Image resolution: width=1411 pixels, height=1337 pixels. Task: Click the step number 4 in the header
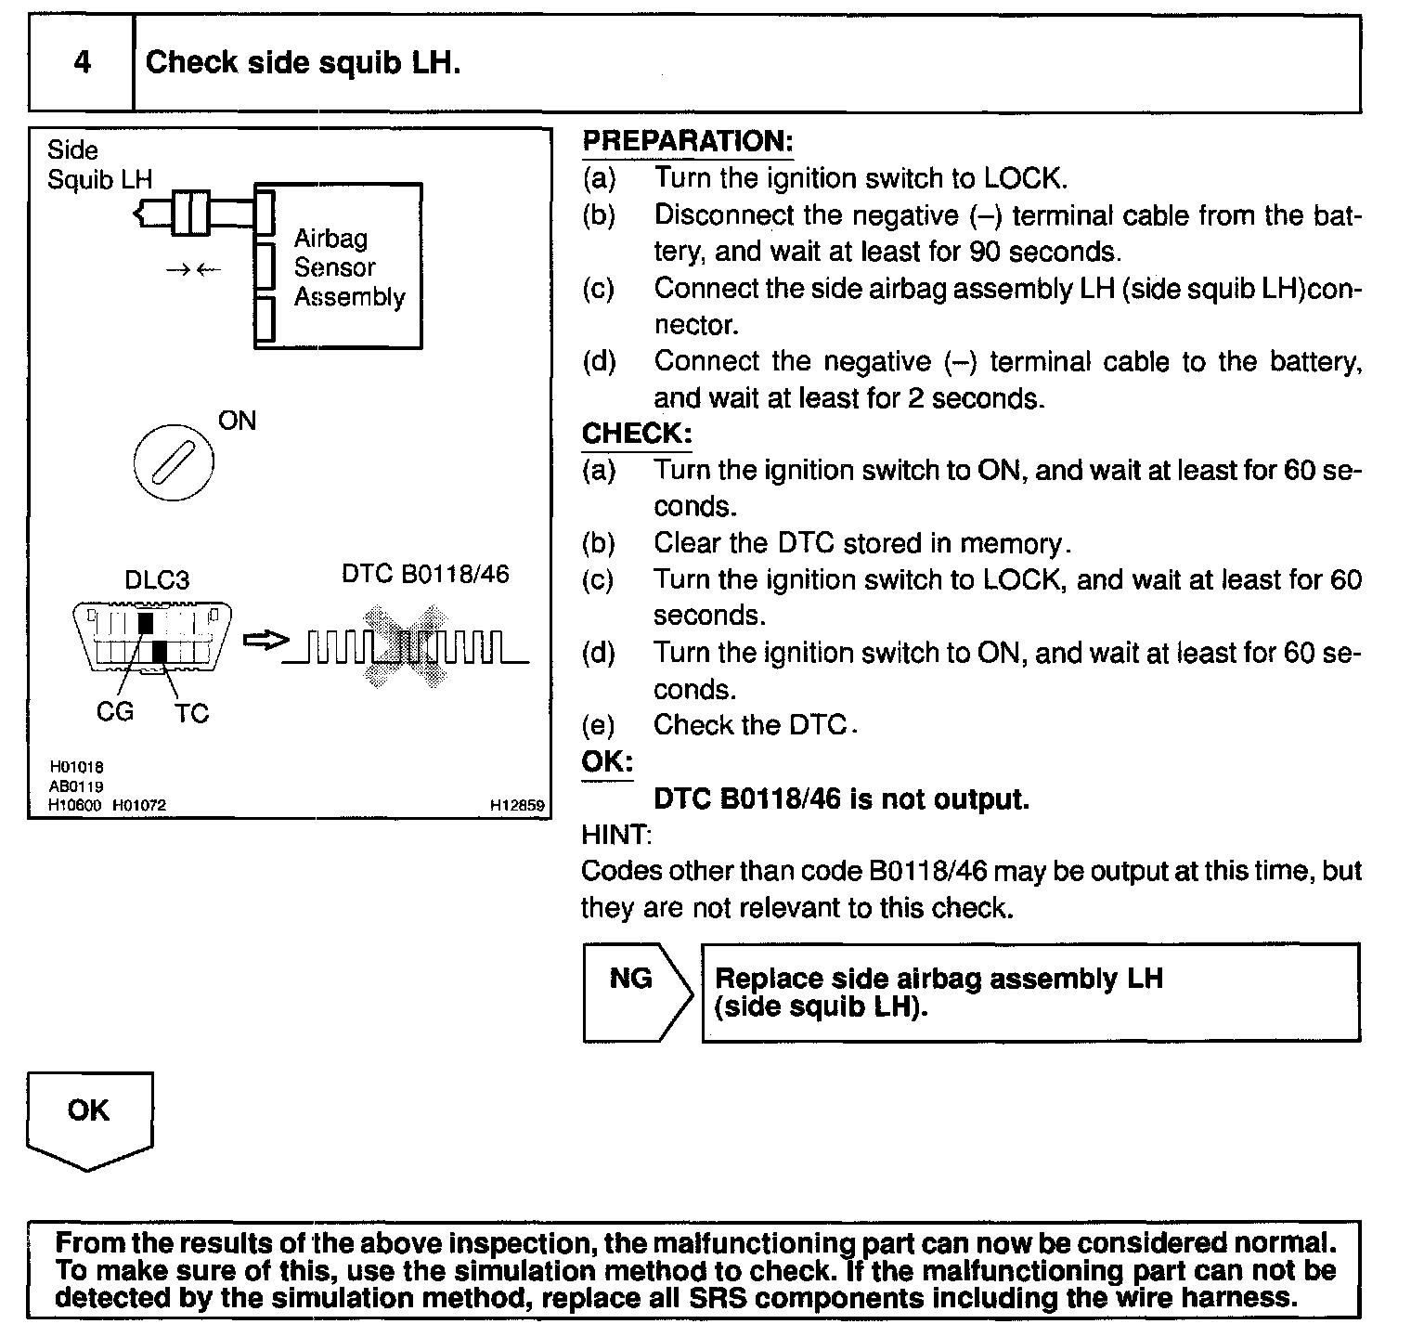(82, 63)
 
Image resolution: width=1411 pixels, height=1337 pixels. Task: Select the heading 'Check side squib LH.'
(303, 63)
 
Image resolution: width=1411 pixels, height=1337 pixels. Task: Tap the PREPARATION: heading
(687, 142)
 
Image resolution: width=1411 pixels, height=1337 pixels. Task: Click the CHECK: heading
(637, 434)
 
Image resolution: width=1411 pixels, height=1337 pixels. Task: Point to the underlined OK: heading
(607, 762)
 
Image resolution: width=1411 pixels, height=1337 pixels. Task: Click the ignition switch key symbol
(174, 461)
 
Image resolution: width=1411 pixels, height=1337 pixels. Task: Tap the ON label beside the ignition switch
(237, 421)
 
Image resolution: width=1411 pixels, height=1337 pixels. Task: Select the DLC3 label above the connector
(157, 580)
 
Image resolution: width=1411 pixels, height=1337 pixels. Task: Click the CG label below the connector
(115, 712)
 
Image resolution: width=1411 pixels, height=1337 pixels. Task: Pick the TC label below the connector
(191, 713)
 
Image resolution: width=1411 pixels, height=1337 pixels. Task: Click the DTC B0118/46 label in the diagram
(425, 575)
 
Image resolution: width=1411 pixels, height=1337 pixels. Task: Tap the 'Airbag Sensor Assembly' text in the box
(349, 267)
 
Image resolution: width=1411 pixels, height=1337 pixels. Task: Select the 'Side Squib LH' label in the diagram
(99, 164)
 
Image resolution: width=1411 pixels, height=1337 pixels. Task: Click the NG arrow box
(637, 992)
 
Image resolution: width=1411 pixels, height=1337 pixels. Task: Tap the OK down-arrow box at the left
(89, 1118)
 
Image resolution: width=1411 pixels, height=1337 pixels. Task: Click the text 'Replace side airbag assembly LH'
(938, 979)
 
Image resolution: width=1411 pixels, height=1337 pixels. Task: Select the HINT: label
(616, 835)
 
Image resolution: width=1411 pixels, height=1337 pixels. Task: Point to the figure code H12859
(516, 806)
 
